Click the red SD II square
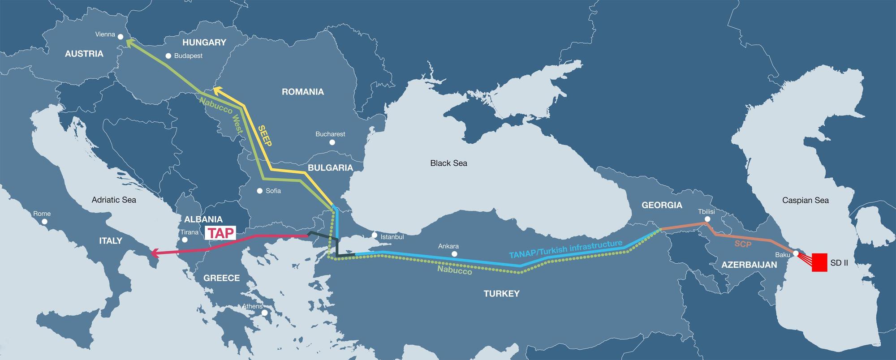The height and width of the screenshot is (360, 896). [x=819, y=262]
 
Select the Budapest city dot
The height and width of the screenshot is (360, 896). [x=168, y=56]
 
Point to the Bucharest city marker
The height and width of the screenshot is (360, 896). [x=332, y=142]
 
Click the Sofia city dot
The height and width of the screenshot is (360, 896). [x=259, y=191]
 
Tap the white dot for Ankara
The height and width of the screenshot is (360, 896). [x=455, y=254]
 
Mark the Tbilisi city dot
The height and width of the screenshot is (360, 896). [x=707, y=219]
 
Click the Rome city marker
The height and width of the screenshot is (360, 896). [x=44, y=221]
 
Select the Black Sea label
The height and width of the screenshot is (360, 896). [x=448, y=163]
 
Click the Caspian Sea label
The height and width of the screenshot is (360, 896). [x=805, y=200]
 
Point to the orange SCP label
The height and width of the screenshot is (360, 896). [x=742, y=244]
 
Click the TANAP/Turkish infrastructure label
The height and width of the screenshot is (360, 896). [x=565, y=249]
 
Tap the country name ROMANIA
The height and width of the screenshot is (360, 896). [x=302, y=92]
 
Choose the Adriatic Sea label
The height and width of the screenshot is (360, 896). [x=114, y=200]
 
